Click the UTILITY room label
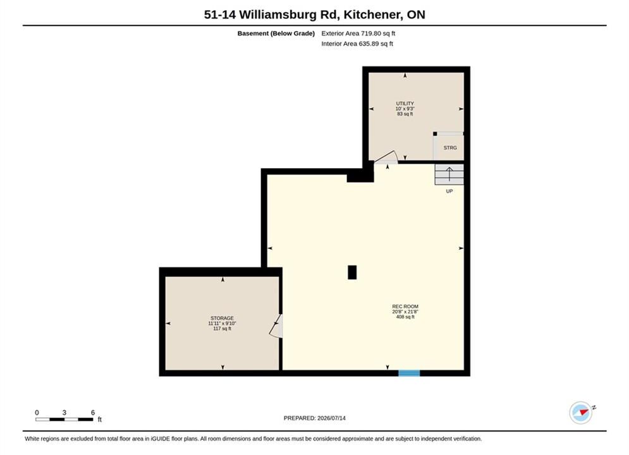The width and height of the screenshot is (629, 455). pos(405,104)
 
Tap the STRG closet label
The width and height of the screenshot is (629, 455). pos(450,148)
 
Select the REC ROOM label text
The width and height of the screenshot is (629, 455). pos(405,306)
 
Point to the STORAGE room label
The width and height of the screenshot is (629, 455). pos(223,318)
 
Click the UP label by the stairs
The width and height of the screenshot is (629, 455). pos(449,191)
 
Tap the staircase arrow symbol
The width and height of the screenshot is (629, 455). pos(449,174)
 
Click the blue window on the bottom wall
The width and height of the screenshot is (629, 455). pos(409,373)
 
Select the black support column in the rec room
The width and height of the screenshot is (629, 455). pos(352,272)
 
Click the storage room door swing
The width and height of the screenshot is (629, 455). pos(276,325)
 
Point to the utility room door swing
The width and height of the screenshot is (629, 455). pos(386,157)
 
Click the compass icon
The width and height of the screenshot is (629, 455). pos(581,413)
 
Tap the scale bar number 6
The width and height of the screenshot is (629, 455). pos(93,413)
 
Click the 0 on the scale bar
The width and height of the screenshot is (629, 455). pos(37,413)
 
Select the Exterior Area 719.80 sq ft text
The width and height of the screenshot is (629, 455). pos(358,33)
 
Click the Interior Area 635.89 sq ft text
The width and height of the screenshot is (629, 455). pos(357,44)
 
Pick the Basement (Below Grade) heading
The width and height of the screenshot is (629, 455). pos(276,33)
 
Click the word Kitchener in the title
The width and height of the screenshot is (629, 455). pos(373,15)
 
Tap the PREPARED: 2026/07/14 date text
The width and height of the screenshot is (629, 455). pos(315,418)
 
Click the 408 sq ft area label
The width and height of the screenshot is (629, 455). pos(405,317)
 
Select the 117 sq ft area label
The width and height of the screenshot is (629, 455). pos(223,329)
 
